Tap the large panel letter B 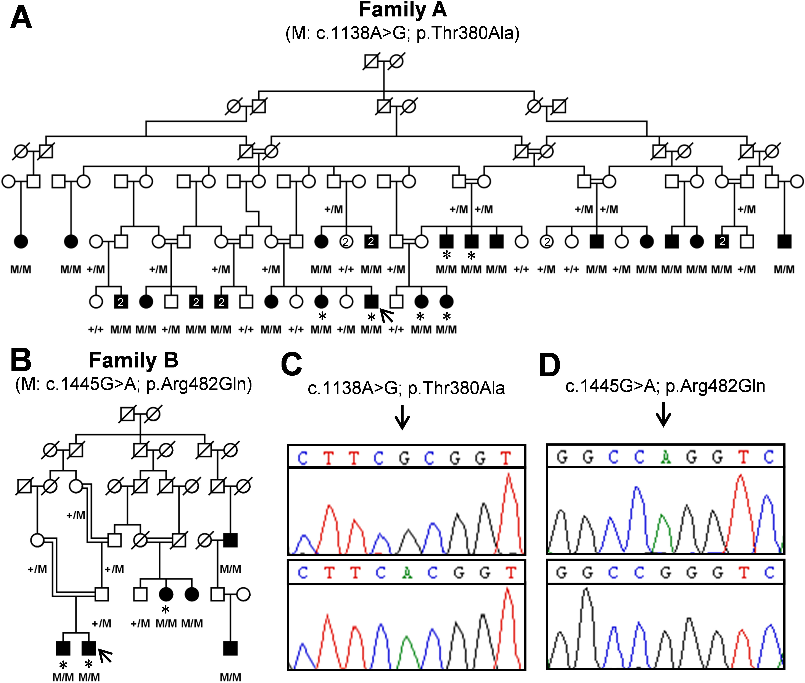point(21,360)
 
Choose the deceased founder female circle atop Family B point(153,415)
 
